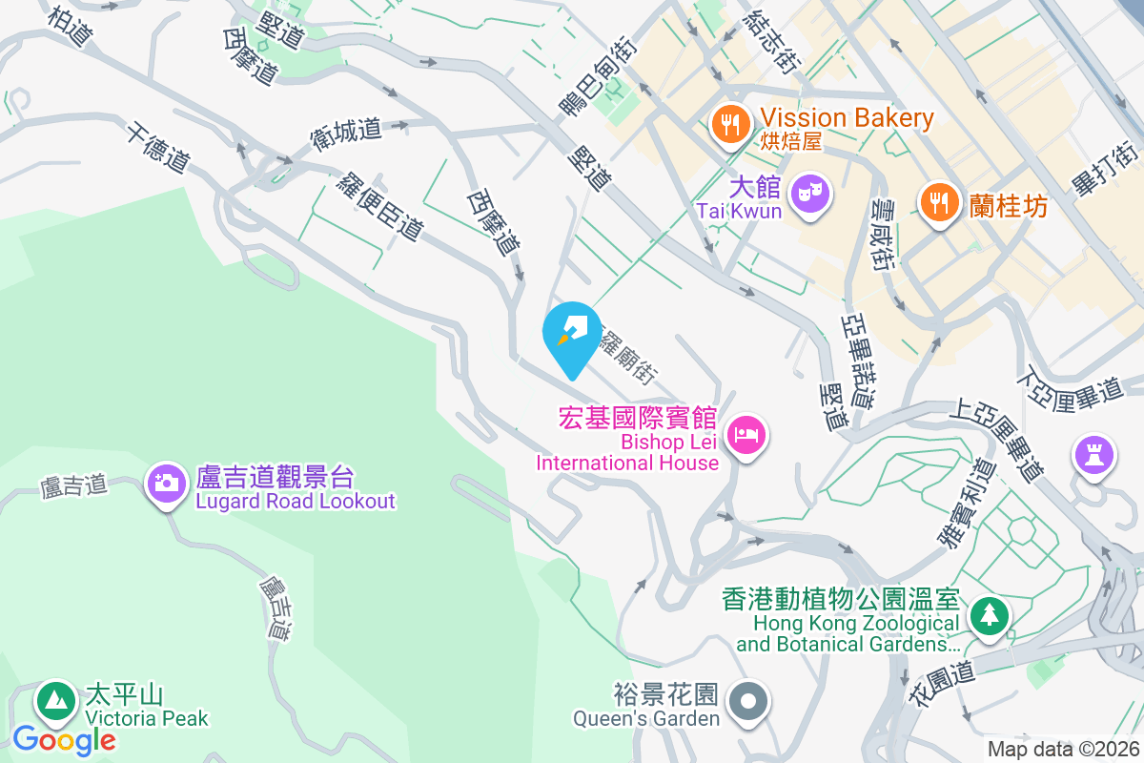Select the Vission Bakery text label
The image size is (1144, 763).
pyautogui.click(x=847, y=118)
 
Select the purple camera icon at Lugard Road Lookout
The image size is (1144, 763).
pyautogui.click(x=167, y=483)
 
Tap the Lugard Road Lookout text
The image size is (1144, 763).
pyautogui.click(x=295, y=502)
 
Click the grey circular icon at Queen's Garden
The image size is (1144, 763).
pyautogui.click(x=748, y=702)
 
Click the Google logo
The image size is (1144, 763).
pyautogui.click(x=64, y=739)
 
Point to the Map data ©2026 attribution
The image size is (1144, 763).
pyautogui.click(x=1063, y=750)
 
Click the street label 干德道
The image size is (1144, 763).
pyautogui.click(x=158, y=146)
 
